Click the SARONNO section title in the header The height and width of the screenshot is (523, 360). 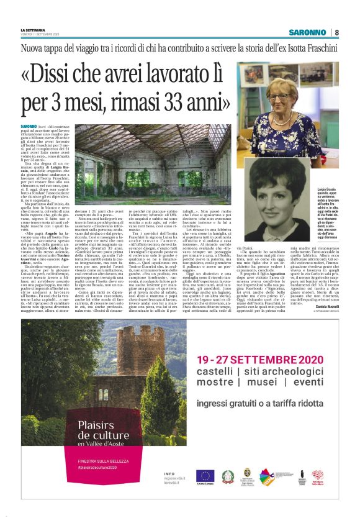(x=307, y=32)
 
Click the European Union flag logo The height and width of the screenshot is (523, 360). (x=205, y=476)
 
